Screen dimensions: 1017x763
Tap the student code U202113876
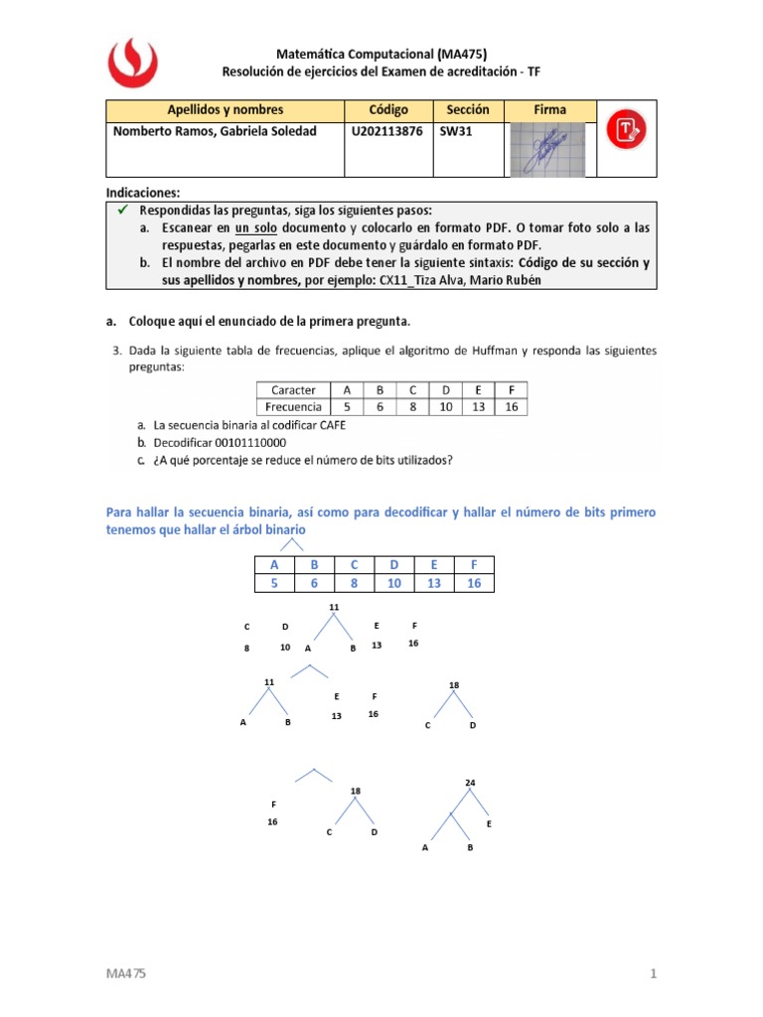(x=386, y=131)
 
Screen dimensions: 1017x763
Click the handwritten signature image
(x=546, y=149)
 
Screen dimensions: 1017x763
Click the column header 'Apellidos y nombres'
(x=225, y=109)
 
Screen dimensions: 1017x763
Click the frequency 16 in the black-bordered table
(x=511, y=406)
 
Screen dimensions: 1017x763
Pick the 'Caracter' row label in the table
(x=293, y=390)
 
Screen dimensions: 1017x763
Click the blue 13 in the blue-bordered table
(x=435, y=583)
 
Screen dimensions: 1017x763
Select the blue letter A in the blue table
(x=274, y=565)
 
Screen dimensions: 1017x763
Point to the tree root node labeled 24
(x=470, y=783)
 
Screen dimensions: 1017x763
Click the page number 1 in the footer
(x=655, y=974)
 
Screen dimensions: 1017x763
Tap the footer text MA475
(x=126, y=974)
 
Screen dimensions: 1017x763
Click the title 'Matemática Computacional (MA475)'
(x=381, y=55)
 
